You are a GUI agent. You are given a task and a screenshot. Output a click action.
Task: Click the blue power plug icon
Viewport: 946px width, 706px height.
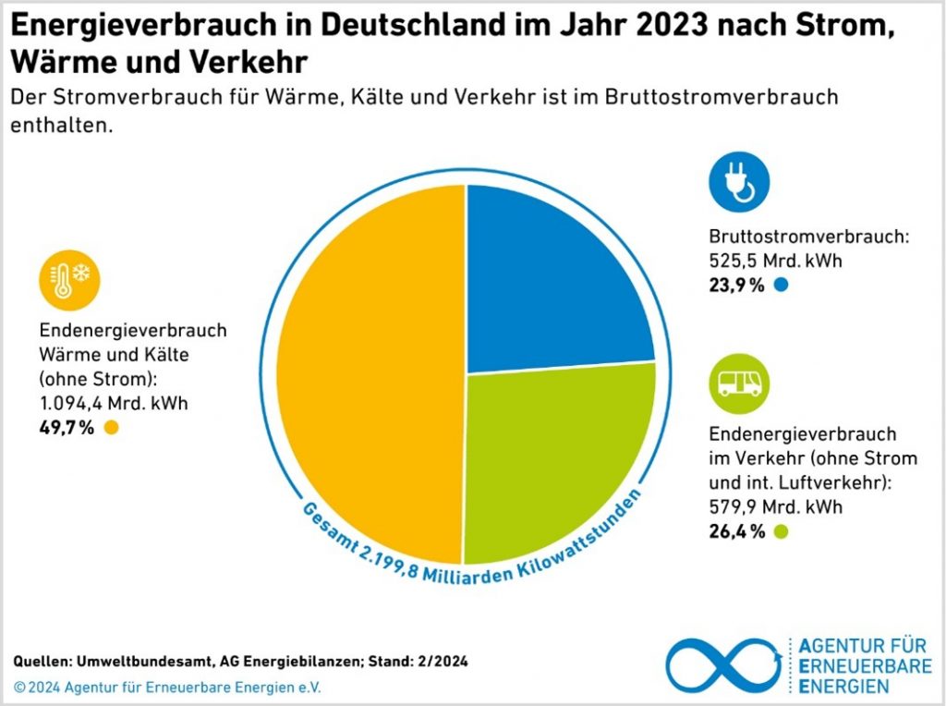[x=739, y=182]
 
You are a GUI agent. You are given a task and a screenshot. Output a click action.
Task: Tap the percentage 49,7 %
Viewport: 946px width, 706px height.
[x=67, y=427]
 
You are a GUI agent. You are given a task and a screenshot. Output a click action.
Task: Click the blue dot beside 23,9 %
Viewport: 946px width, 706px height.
[x=782, y=286]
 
